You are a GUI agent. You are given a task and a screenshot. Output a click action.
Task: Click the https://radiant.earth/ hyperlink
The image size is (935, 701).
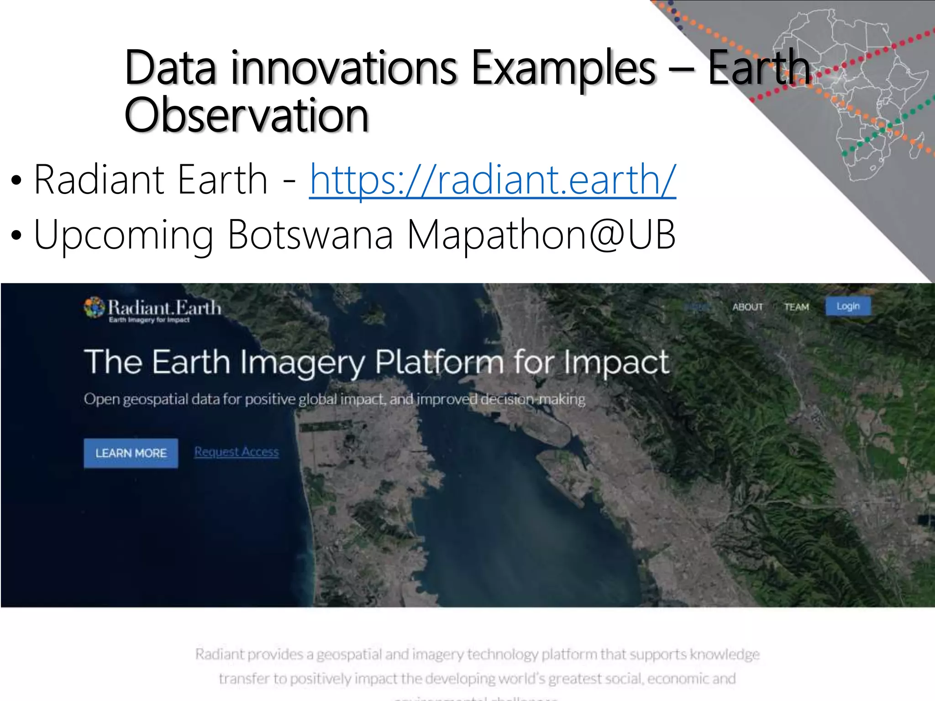coord(492,180)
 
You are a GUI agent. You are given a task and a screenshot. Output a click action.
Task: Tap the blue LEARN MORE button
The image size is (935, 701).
coord(131,453)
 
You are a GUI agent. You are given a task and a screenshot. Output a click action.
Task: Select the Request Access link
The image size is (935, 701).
coord(236,452)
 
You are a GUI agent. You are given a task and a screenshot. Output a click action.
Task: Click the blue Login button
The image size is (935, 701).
coord(848,306)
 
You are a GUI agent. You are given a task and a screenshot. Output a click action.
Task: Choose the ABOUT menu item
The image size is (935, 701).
coord(747,307)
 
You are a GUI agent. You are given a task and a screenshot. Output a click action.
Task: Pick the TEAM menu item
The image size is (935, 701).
coord(796,307)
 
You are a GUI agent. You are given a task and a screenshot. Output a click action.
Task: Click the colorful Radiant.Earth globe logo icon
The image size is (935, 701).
coord(94,307)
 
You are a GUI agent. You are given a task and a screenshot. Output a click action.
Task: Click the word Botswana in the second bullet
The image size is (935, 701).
coord(310,235)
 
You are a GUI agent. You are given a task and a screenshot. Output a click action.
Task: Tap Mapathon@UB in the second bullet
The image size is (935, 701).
coord(541,235)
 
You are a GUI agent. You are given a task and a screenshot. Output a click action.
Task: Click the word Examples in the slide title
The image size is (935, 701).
coord(563,68)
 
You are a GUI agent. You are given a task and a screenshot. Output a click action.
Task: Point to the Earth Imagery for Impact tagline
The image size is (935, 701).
coord(149,320)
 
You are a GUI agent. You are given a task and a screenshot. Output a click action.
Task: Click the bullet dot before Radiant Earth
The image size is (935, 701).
coord(16,181)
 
